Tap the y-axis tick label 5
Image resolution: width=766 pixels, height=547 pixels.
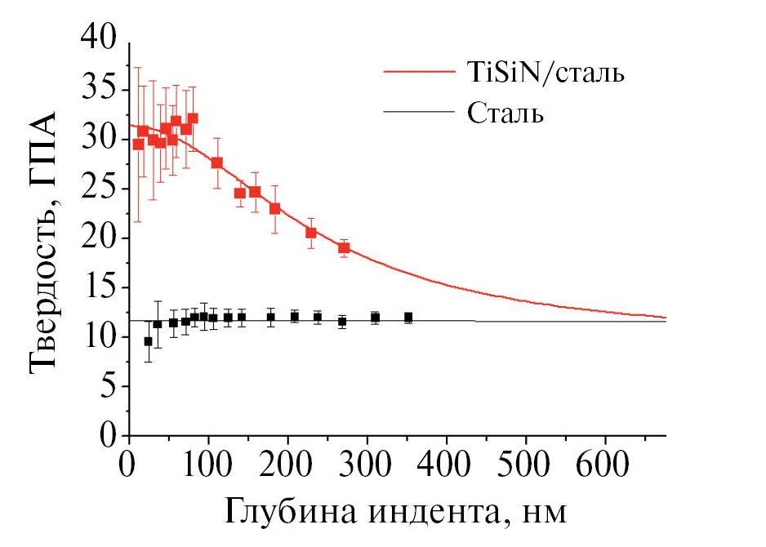coord(107,387)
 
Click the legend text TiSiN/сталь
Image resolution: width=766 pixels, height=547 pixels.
coord(547,74)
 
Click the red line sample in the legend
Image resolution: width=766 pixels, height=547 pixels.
coord(421,73)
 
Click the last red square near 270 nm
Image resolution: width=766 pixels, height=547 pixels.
coord(344,247)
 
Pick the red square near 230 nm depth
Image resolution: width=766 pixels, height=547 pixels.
coord(311,233)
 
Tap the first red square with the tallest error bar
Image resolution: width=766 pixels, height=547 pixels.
coord(138,144)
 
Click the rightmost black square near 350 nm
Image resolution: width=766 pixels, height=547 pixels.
coord(408,317)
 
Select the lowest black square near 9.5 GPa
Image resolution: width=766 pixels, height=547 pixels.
coord(148,341)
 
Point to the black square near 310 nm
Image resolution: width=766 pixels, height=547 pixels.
coord(375,318)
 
